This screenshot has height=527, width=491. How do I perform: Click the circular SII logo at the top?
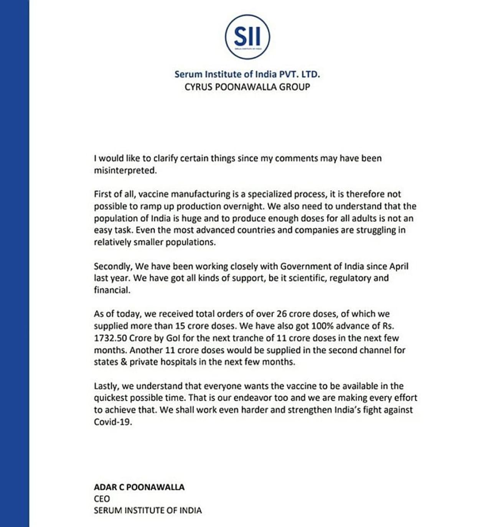tap(247, 37)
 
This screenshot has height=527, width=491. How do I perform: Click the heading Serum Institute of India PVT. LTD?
tap(247, 74)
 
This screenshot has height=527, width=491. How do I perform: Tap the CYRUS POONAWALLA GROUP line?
tap(247, 87)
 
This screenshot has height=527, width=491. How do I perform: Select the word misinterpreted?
tap(125, 170)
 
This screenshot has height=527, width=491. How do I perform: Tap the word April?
tap(399, 266)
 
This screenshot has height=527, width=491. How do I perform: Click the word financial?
tap(112, 290)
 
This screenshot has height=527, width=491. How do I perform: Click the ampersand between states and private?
tap(124, 362)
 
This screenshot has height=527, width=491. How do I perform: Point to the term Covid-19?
tap(112, 422)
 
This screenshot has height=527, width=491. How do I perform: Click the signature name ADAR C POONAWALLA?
tap(139, 487)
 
